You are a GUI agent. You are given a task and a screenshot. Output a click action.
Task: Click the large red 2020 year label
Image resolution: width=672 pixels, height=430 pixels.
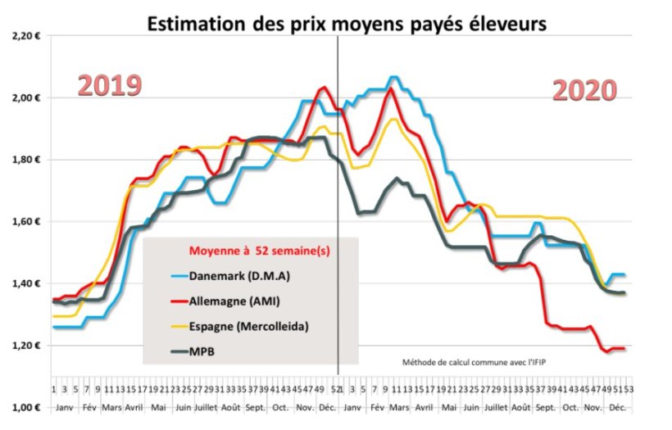tap(583, 91)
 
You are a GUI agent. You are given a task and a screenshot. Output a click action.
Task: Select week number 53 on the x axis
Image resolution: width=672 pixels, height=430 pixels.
tap(628, 390)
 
